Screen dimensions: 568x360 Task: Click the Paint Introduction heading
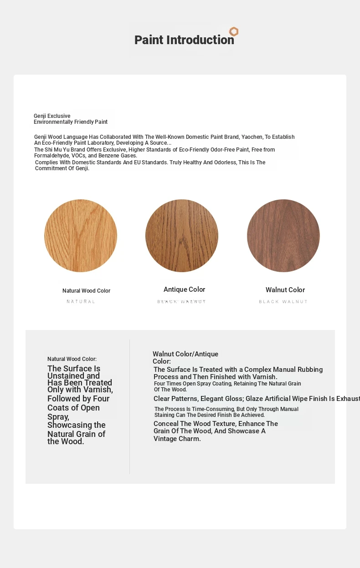point(184,40)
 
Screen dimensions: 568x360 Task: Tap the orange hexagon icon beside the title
point(234,31)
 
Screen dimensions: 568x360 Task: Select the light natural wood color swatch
point(81,236)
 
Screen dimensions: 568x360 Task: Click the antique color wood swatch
point(182,236)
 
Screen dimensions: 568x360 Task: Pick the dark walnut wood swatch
point(283,236)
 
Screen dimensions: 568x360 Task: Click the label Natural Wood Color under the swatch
point(86,291)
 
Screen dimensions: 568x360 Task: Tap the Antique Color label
point(184,289)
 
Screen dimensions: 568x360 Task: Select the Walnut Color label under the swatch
point(285,290)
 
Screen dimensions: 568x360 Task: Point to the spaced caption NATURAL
point(81,302)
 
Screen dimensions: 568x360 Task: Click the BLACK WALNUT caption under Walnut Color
point(283,302)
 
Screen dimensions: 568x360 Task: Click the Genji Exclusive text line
point(52,116)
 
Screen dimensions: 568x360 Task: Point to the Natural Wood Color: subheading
point(72,359)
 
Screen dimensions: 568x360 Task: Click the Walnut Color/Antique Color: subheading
point(185,357)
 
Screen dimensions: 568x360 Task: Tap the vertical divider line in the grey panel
point(130,406)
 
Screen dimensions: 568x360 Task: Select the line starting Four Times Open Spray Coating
point(227,384)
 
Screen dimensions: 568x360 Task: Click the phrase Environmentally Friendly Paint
point(71,122)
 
